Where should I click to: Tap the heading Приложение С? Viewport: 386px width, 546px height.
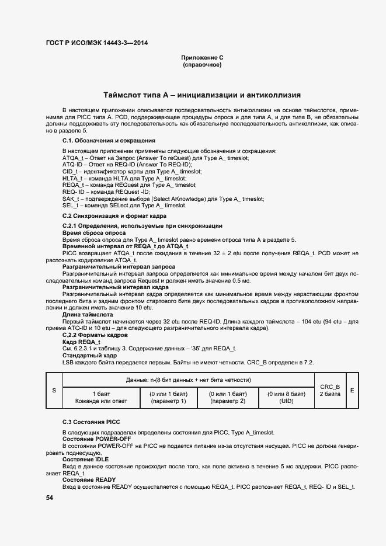(x=202, y=58)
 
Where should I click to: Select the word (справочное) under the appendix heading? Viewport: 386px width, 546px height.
(x=202, y=65)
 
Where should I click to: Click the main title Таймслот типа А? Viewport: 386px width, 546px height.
(x=202, y=94)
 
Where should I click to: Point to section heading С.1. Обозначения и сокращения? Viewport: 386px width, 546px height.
(x=109, y=141)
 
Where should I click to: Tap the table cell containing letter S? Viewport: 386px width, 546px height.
(x=54, y=390)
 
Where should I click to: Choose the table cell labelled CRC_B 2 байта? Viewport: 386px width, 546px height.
(x=330, y=390)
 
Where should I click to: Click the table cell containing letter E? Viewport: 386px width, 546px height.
(x=352, y=390)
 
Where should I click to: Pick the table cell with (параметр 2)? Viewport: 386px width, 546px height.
(x=228, y=398)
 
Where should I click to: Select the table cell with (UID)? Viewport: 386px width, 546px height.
(x=286, y=398)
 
